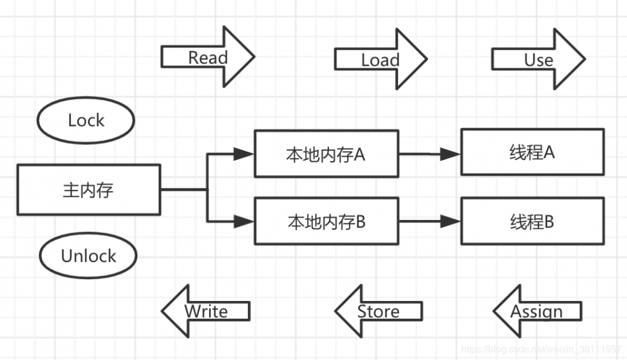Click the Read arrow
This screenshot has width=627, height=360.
point(207,58)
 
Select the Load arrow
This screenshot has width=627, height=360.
point(380,60)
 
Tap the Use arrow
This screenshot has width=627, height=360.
point(538,60)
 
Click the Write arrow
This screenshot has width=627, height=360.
point(206,310)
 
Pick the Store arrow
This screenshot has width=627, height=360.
point(378,310)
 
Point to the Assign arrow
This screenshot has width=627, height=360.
point(537,310)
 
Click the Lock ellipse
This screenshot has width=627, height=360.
point(86,120)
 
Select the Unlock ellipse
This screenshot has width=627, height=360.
point(88,255)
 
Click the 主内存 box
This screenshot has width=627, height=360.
point(88,189)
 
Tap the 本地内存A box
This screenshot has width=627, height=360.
point(326,154)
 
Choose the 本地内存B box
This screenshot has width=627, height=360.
point(326,221)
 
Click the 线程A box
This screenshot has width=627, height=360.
point(532,152)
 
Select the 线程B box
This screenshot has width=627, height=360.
point(532,221)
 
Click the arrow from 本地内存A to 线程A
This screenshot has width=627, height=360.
point(429,154)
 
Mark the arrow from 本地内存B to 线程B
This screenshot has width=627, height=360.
point(429,221)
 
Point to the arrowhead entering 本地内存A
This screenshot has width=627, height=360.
point(244,154)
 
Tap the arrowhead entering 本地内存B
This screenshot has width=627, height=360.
point(244,221)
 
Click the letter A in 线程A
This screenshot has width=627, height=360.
point(548,152)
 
